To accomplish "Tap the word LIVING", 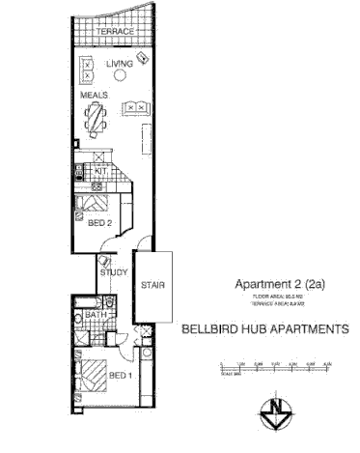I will point(119,64).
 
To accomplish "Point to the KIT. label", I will point(99,170).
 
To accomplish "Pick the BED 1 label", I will point(120,376).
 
